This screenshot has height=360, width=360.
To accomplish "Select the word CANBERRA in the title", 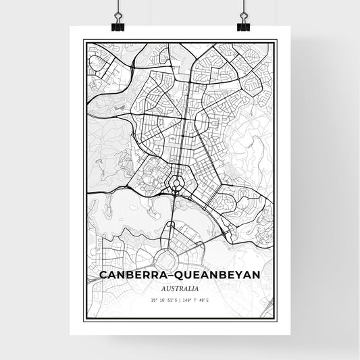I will click(x=132, y=276).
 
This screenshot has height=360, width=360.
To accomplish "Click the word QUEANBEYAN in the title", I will click(x=217, y=276).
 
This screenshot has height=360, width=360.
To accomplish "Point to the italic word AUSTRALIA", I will click(x=180, y=288).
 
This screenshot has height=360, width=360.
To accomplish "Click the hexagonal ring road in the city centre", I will click(x=178, y=182).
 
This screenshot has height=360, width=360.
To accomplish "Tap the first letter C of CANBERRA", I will click(x=103, y=276).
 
